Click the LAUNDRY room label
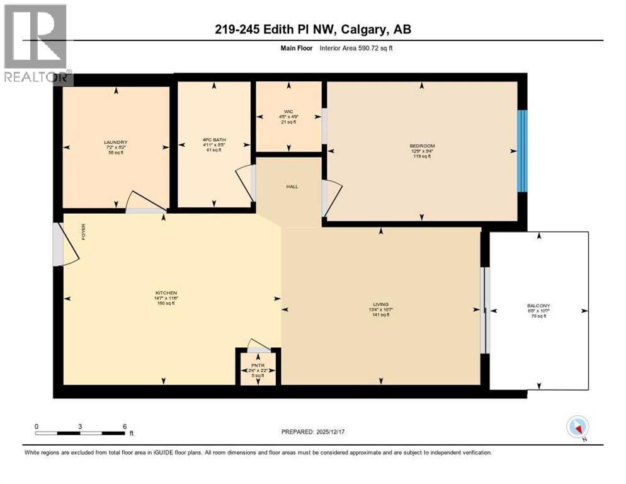click(x=116, y=142)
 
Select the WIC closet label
click(x=288, y=112)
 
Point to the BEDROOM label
click(x=421, y=146)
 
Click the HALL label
click(x=292, y=187)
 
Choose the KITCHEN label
click(x=166, y=293)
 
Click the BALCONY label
click(x=539, y=306)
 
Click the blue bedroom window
click(x=521, y=151)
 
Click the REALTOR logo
click(x=37, y=44)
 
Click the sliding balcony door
click(x=484, y=310)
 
